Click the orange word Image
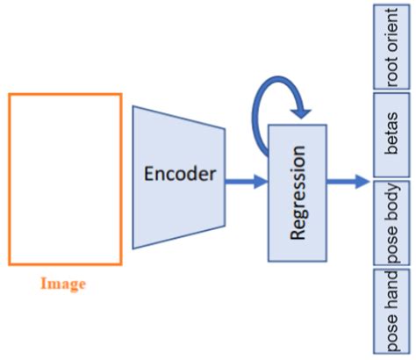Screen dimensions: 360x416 coord(63,284)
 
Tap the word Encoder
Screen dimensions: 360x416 coord(179,173)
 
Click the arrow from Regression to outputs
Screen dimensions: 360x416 coord(348,182)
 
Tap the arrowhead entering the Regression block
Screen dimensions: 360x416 coord(261,182)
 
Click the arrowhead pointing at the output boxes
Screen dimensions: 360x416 coord(362,182)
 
